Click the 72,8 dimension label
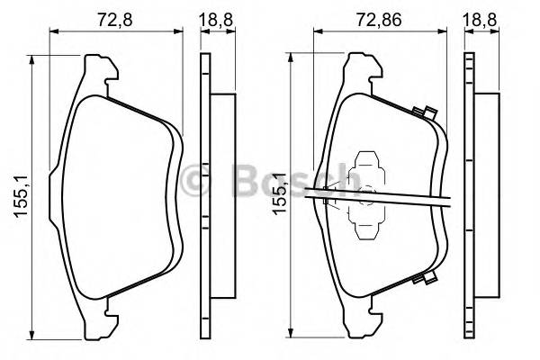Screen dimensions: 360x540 [111, 15]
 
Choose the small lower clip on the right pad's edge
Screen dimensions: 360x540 [420, 281]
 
